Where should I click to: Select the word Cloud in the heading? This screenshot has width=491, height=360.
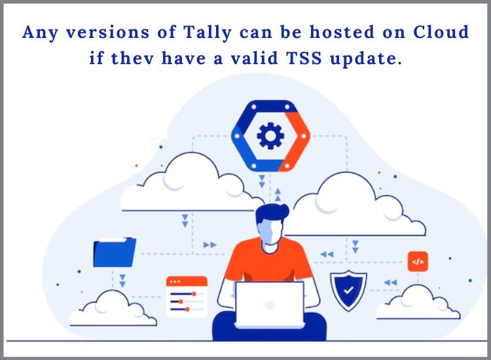click(x=441, y=32)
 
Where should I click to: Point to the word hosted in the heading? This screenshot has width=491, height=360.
click(x=342, y=32)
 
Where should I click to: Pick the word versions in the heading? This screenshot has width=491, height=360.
click(x=107, y=33)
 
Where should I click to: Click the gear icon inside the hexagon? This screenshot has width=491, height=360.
click(x=270, y=135)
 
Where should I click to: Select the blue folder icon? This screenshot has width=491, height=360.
click(x=115, y=252)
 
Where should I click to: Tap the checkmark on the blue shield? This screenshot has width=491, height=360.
click(x=348, y=290)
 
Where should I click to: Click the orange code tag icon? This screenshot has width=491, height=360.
click(x=418, y=261)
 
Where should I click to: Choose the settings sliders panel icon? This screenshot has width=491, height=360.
click(x=187, y=296)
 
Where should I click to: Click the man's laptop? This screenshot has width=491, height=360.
click(x=270, y=305)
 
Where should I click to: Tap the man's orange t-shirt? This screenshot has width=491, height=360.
click(x=269, y=259)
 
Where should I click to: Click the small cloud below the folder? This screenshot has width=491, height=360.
click(x=113, y=309)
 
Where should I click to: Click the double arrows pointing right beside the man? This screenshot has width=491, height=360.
click(x=209, y=245)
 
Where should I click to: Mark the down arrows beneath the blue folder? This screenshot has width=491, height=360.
click(x=122, y=281)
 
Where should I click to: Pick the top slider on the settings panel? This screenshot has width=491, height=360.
click(x=183, y=294)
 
